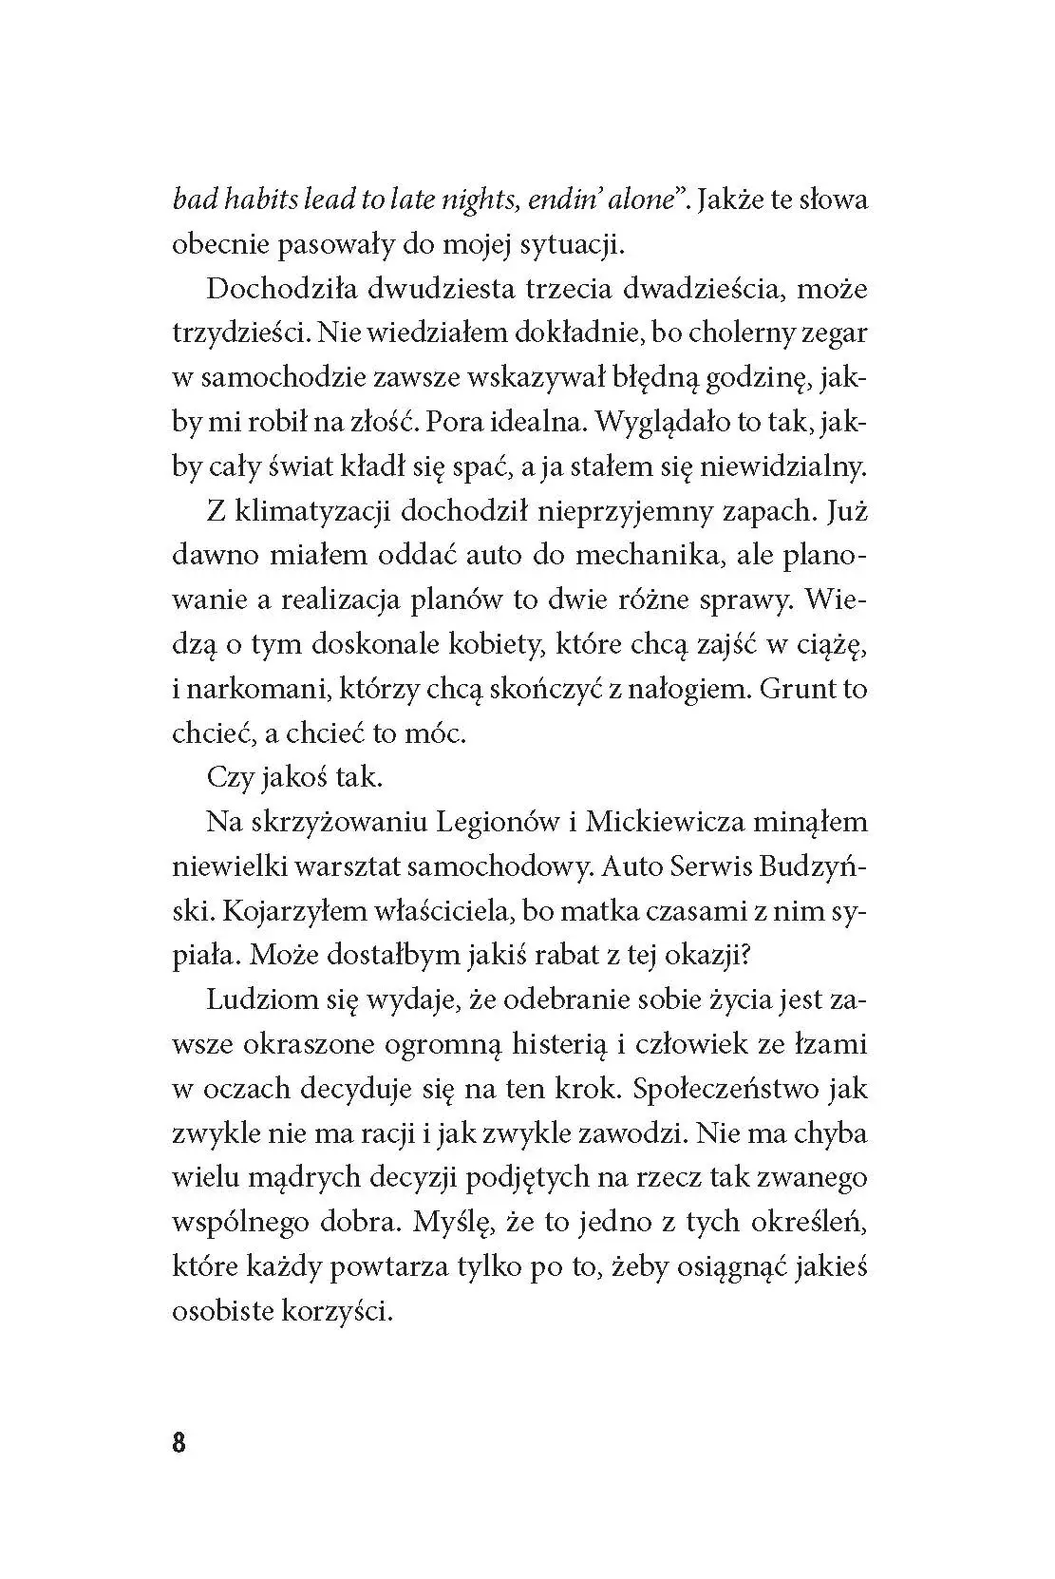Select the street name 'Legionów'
[496, 821]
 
